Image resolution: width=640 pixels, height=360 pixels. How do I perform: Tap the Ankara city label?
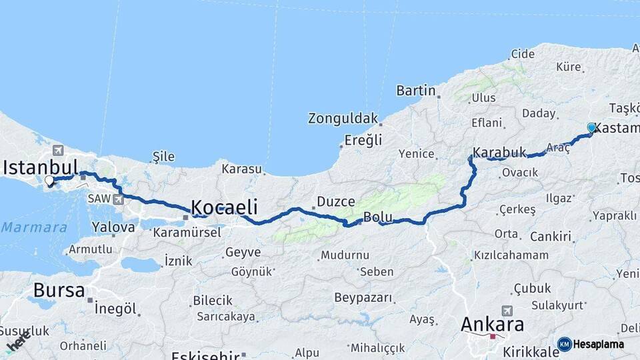coord(492,325)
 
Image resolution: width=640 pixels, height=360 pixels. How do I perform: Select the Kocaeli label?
coord(224,207)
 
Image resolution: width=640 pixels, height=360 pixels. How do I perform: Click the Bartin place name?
coord(416,91)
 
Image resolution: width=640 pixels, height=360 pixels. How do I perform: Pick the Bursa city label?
coord(59,291)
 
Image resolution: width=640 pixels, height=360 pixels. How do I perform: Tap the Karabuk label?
coord(500,152)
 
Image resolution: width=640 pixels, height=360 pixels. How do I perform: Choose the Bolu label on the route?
coord(377,217)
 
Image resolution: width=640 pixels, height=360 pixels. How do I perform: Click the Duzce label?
coord(336,201)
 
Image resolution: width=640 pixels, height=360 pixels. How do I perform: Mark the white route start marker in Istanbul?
coord(49,181)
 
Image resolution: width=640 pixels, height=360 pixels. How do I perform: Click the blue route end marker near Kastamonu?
coord(591,127)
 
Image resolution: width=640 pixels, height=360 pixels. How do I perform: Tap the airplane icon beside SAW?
coord(118,199)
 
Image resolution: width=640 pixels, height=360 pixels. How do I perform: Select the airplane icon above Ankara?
coord(507,311)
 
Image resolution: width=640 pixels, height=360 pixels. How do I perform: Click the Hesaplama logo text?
coord(598,345)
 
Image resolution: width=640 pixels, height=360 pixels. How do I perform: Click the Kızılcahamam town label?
coord(511,255)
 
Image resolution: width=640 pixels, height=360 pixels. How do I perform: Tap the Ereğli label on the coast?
coord(363,140)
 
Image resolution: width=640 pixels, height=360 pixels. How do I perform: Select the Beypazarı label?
coord(363,297)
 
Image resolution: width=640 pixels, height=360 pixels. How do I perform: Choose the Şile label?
coord(164,157)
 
